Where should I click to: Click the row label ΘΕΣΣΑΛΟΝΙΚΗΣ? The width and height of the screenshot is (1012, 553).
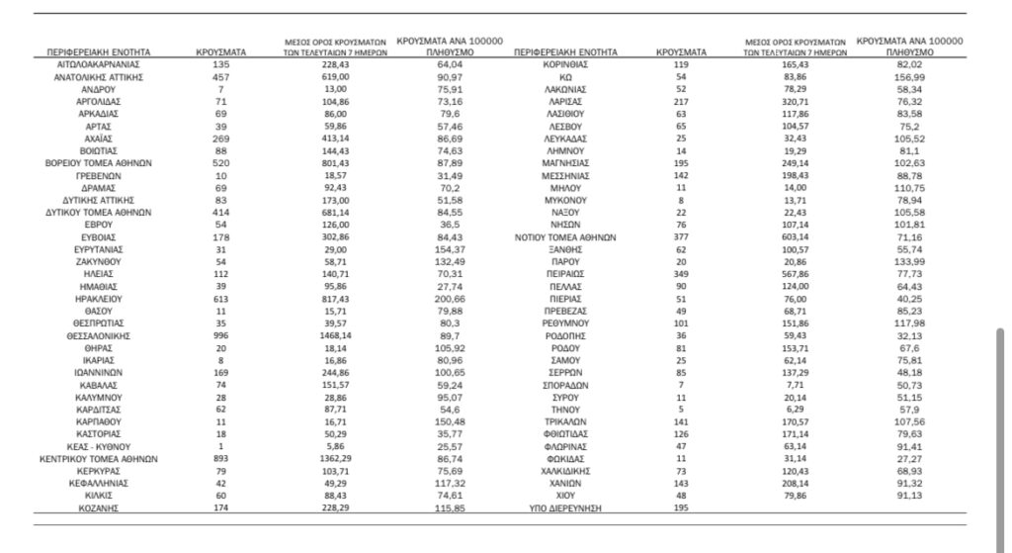coord(97,337)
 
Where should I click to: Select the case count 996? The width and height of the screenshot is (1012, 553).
coord(221,337)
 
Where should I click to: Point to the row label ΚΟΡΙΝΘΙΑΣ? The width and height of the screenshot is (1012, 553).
coord(566,63)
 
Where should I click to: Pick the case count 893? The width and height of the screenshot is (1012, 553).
coord(221,459)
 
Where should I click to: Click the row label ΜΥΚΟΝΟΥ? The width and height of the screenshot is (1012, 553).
coord(566,201)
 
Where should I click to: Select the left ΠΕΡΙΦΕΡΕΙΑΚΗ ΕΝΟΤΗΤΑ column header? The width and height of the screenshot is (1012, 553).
coord(97,49)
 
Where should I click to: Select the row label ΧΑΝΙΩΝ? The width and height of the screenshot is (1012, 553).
coord(566,484)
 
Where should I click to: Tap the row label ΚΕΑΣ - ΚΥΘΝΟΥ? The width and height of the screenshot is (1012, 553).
coord(97,446)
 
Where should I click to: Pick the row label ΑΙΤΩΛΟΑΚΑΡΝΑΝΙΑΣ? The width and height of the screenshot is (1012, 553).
coord(97,63)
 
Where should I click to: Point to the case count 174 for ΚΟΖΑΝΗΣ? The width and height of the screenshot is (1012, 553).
coord(221,508)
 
